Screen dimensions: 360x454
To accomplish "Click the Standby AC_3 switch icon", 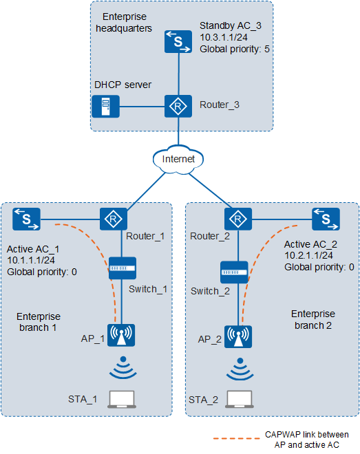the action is tap(178, 42).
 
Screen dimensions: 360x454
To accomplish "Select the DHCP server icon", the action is tap(106, 106).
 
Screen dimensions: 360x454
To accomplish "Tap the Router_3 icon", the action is tap(178, 106).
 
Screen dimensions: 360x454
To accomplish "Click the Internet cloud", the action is tap(178, 159).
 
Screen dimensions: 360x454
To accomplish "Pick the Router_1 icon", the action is tap(114, 219).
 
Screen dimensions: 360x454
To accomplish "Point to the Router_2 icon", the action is tap(238, 219).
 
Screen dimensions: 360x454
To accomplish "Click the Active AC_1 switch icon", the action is tap(26, 219).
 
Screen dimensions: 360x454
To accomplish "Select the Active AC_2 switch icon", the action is tap(326, 219).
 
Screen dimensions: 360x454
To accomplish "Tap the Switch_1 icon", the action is tap(123, 268).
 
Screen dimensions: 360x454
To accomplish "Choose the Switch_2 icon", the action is tap(234, 272).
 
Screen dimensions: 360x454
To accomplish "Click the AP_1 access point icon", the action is tap(121, 335).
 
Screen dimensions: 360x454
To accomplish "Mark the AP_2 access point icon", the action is tap(238, 337).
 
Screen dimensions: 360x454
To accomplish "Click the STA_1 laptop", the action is tap(122, 399).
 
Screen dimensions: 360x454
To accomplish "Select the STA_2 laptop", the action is tap(240, 399).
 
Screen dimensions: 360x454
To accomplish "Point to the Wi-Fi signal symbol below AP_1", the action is tap(123, 367).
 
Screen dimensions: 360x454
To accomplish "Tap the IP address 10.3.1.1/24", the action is tap(224, 37).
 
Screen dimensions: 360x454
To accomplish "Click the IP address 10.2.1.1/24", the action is tap(308, 255).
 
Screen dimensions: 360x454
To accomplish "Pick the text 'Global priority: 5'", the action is tap(235, 49).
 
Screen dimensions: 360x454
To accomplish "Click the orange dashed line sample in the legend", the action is tap(236, 439).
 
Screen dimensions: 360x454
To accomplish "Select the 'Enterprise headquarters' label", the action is tap(124, 23).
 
